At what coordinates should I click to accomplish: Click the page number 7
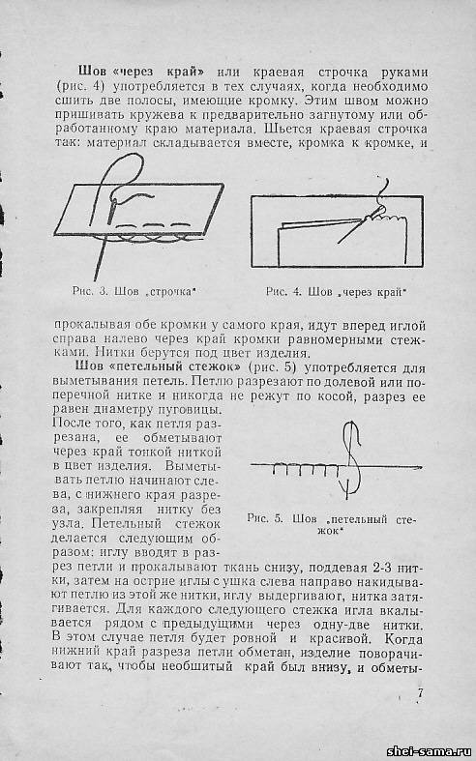(420, 693)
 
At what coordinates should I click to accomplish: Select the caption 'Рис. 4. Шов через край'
(336, 292)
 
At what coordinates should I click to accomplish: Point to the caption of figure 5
(331, 524)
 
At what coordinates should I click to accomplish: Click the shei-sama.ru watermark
(430, 751)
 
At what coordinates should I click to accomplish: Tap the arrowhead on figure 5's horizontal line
(417, 467)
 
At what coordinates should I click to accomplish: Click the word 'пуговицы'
(195, 410)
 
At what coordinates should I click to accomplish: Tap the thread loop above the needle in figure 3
(119, 182)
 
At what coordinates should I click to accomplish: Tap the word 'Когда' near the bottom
(403, 639)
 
